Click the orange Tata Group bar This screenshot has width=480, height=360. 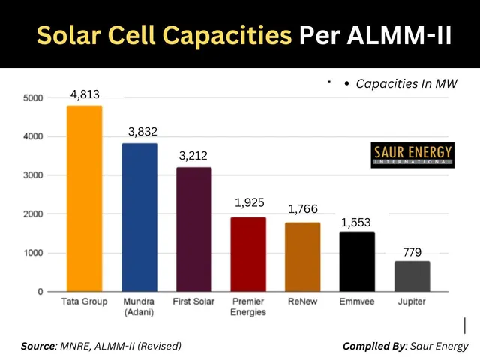[84, 199]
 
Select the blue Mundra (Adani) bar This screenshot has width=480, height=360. [139, 217]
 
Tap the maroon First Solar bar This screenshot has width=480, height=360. [193, 229]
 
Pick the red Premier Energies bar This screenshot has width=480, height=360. [247, 254]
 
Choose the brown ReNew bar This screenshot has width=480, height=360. [302, 257]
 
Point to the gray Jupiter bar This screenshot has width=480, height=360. [412, 276]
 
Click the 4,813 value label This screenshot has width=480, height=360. [85, 94]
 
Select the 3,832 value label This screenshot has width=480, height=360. [139, 132]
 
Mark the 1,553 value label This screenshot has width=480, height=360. [356, 222]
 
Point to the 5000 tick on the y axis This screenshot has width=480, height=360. [33, 98]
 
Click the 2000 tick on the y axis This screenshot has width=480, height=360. [33, 214]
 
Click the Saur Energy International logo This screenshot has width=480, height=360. [412, 154]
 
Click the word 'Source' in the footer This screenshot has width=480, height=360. [37, 346]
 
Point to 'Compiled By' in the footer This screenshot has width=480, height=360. [373, 346]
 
